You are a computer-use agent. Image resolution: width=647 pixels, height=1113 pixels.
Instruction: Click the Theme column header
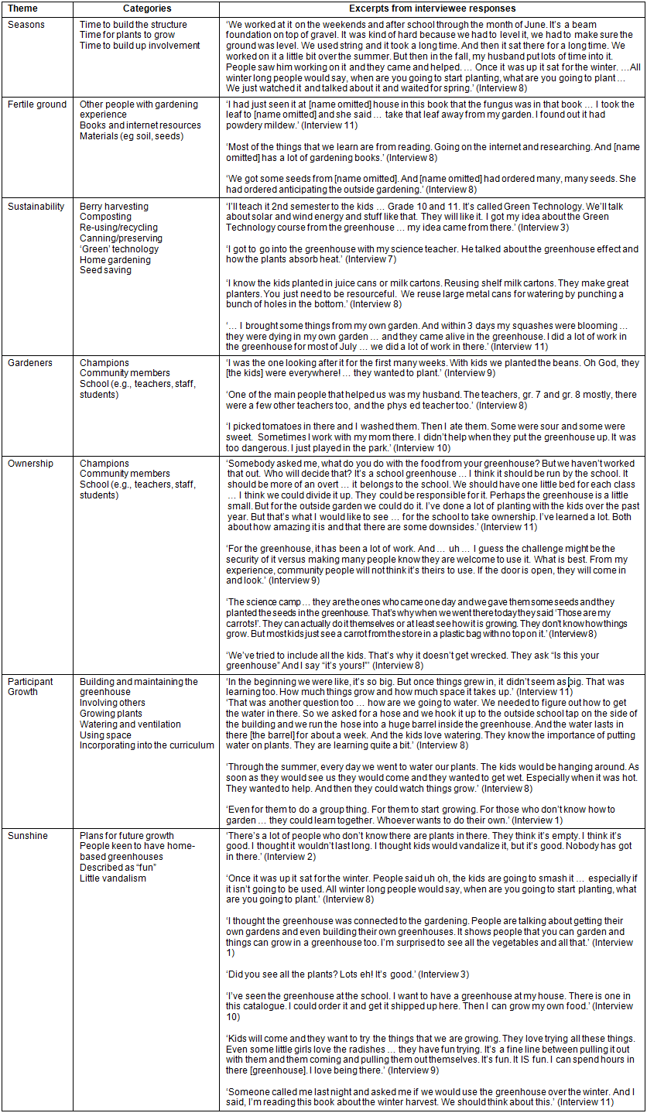pos(22,9)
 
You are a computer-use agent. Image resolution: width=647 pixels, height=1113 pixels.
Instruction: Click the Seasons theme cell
pos(26,24)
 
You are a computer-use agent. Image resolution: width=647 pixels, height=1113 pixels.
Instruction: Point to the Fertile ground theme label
pos(37,104)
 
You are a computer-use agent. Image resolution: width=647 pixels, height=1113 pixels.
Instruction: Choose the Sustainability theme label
pos(36,207)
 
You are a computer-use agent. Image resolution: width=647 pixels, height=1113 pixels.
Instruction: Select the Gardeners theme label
pos(30,362)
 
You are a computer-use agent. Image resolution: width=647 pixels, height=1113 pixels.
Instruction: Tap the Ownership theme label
pos(31,464)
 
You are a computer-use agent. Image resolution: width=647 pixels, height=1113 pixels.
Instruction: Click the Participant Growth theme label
pos(31,687)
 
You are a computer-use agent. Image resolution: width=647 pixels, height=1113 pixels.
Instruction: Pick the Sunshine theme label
pos(28,836)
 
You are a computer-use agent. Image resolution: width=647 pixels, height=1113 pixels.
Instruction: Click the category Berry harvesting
pos(114,207)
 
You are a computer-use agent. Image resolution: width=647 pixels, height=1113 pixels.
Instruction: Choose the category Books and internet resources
pos(140,125)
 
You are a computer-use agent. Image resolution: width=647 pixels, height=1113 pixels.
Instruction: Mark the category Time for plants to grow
pos(128,35)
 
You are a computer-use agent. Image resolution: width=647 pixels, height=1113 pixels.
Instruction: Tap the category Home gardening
pos(114,260)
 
